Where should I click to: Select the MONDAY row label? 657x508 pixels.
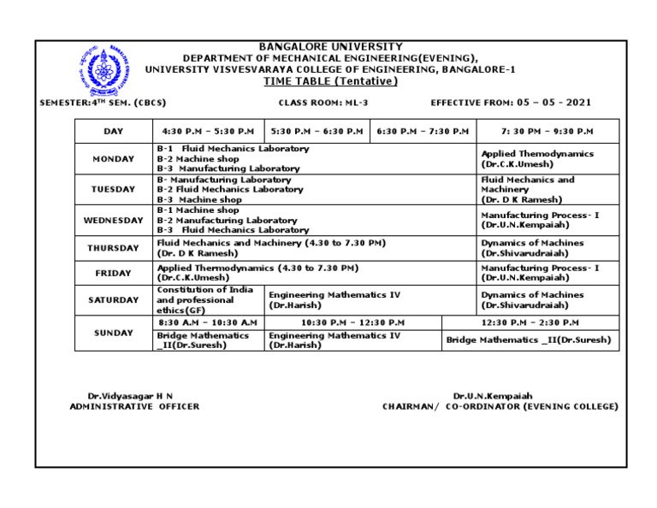[113, 159]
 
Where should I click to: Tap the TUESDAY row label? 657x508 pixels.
[113, 189]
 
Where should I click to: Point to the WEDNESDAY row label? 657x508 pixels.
[113, 220]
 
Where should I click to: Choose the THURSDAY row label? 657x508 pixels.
[113, 248]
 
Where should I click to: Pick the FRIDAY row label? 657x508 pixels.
[113, 274]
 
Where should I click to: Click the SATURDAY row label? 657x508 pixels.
[113, 300]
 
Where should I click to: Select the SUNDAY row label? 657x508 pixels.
[113, 333]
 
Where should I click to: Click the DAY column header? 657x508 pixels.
[113, 131]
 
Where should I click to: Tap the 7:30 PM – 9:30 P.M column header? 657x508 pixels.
[547, 131]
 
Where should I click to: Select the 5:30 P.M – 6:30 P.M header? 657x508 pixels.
[317, 131]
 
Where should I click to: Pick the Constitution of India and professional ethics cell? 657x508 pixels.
[205, 300]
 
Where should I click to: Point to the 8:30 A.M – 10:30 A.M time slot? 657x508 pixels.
[208, 322]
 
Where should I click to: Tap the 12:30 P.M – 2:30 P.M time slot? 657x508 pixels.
[530, 322]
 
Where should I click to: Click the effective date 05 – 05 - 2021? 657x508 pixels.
[553, 103]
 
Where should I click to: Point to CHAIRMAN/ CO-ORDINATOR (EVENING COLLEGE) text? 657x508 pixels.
[500, 407]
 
